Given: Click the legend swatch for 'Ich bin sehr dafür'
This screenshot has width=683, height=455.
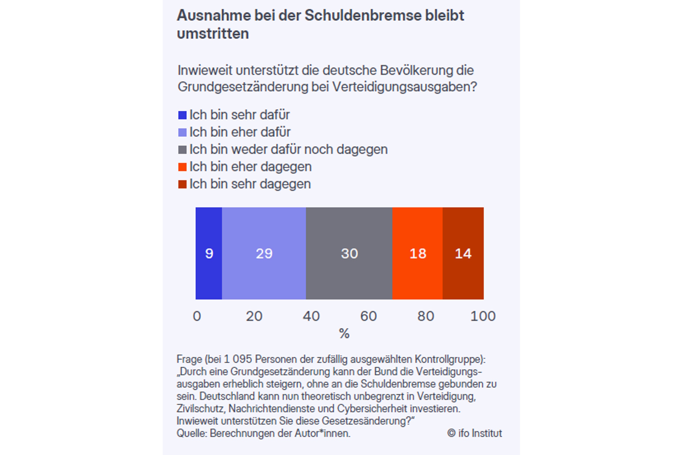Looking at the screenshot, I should click(x=182, y=115).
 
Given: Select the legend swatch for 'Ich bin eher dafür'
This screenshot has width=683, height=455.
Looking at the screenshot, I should click(x=182, y=133).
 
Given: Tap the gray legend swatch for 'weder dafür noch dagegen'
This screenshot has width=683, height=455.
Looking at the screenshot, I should click(x=182, y=150).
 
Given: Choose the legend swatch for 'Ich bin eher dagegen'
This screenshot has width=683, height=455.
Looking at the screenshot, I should click(x=182, y=167).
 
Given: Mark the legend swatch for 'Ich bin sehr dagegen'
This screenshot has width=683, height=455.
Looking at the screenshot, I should click(x=182, y=184).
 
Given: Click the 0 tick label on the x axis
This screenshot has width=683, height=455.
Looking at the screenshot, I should click(x=197, y=316).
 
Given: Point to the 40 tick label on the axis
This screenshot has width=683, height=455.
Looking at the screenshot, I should click(x=311, y=316).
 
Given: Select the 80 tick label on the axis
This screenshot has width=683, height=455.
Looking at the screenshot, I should click(x=426, y=316).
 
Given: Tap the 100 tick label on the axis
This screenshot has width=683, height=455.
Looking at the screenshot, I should click(x=483, y=316).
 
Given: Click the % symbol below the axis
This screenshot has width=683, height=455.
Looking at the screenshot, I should click(x=344, y=334).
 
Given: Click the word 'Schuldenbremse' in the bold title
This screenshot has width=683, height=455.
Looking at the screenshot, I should click(x=363, y=15).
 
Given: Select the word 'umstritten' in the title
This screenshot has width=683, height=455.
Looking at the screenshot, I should click(x=213, y=33).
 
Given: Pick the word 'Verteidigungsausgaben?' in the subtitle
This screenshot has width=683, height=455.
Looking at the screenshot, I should click(x=405, y=87).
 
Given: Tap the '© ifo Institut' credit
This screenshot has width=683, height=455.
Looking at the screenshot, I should click(x=474, y=433).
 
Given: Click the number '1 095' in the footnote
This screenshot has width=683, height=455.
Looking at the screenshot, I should click(x=238, y=359).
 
